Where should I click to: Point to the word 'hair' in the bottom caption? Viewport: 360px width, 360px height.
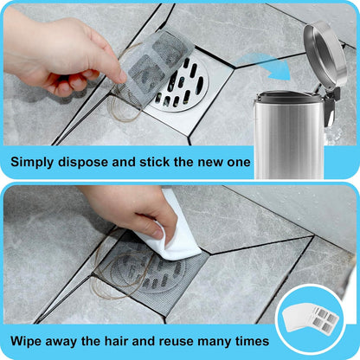[x=127, y=342]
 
